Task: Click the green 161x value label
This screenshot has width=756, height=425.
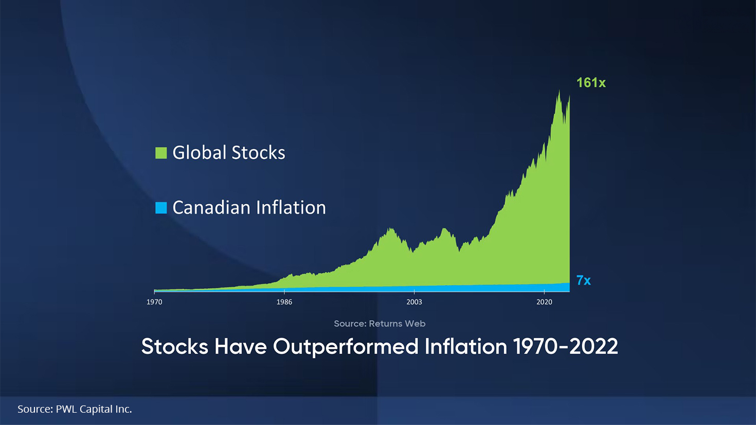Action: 591,83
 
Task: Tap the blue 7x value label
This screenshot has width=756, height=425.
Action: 584,280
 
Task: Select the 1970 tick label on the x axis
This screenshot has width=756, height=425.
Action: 154,302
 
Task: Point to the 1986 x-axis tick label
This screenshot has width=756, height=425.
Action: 284,302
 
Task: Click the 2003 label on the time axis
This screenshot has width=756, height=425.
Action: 414,302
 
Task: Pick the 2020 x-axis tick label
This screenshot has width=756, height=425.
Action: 545,302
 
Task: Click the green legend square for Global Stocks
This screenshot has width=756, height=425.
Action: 161,153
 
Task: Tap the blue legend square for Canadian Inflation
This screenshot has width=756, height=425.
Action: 161,208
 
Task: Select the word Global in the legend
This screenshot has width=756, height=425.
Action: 200,152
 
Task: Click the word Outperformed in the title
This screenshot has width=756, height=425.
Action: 346,347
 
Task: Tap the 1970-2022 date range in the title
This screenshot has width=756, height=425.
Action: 566,346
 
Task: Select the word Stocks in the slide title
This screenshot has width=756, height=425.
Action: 174,346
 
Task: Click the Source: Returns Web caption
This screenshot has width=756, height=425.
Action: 380,324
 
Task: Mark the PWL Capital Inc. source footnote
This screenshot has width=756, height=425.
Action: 75,409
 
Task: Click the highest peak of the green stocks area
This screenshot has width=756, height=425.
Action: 559,91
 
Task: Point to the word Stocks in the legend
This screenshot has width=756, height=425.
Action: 259,152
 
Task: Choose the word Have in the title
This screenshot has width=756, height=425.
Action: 241,346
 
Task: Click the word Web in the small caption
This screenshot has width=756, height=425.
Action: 415,324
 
